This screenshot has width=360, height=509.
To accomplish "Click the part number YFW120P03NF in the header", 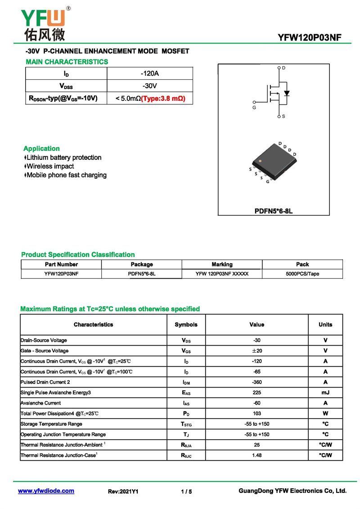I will (x=310, y=38).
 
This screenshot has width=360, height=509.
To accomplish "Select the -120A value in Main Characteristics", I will (x=149, y=73).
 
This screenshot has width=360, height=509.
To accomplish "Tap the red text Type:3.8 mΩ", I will (x=163, y=98).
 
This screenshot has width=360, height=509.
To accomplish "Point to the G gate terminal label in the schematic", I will (x=254, y=108).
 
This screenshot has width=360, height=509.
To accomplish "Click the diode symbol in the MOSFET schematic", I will (x=286, y=94).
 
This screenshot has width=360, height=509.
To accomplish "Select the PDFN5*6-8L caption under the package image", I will (x=273, y=211).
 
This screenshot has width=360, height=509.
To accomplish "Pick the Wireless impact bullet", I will (x=49, y=166).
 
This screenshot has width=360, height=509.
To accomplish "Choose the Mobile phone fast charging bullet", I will (x=66, y=175).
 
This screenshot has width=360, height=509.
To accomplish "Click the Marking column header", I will (x=222, y=264).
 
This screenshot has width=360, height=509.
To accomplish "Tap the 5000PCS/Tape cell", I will (x=302, y=274).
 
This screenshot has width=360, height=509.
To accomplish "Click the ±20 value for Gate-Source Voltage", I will (x=256, y=351).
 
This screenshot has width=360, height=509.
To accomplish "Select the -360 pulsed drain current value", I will (x=256, y=382).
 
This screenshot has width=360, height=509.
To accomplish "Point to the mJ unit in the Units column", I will (x=325, y=392).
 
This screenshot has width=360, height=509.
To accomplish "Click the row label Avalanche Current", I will (x=40, y=403).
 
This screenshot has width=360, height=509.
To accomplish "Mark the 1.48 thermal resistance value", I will (x=256, y=455).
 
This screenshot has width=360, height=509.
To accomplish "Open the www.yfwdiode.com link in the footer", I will (x=46, y=491).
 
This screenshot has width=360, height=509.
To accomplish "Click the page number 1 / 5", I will (x=186, y=491).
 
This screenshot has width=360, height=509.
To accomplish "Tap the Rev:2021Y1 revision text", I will (x=123, y=491).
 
